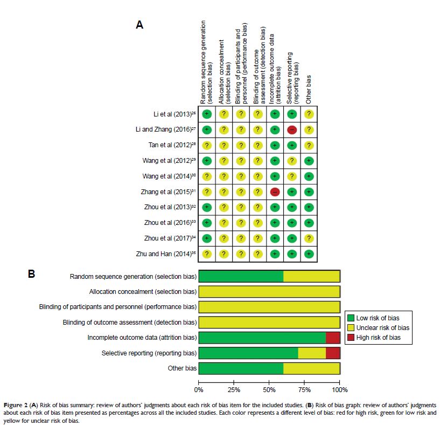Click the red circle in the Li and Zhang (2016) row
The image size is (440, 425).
(291, 129)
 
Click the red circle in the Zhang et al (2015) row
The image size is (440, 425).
(274, 191)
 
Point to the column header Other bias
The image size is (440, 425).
(309, 89)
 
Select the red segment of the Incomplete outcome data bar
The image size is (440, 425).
(333, 338)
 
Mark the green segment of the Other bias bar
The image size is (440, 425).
(241, 369)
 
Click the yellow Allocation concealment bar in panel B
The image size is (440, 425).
(269, 292)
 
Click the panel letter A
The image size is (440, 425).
(139, 25)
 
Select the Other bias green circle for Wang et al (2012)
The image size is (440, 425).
(309, 161)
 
